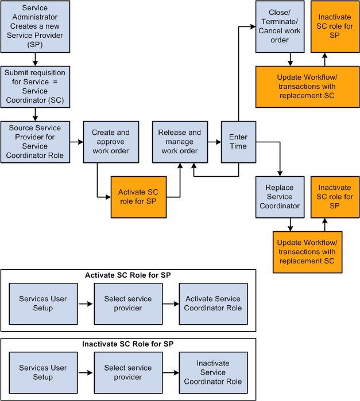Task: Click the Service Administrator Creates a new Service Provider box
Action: (x=34, y=26)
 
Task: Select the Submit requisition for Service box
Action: (x=34, y=86)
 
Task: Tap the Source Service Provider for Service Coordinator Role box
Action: (x=34, y=141)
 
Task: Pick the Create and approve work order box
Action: (x=111, y=141)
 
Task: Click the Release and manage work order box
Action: (x=180, y=141)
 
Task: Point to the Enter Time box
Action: (x=238, y=141)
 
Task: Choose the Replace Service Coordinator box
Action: (x=280, y=197)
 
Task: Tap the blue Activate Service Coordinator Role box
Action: (x=213, y=303)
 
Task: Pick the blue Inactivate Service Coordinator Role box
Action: (x=213, y=372)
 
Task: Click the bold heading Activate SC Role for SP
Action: (x=127, y=275)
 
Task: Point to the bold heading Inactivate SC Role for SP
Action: (x=127, y=344)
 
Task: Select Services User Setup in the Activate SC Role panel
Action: (x=43, y=303)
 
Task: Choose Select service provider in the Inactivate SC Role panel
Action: (x=127, y=372)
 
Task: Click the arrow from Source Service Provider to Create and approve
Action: (x=76, y=141)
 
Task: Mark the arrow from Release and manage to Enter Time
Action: (x=215, y=141)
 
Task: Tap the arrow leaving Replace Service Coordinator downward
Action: (x=290, y=224)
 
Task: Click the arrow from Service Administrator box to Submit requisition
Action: (x=34, y=59)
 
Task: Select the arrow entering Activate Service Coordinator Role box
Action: (x=171, y=303)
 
